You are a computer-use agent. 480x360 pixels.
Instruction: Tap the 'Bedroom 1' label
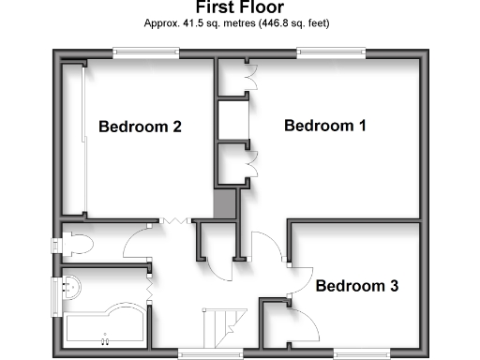click(x=324, y=125)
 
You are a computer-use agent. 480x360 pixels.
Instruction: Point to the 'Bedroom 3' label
click(x=355, y=286)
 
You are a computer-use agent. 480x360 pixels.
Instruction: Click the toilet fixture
click(x=75, y=245)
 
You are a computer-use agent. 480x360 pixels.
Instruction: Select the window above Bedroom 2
click(x=145, y=52)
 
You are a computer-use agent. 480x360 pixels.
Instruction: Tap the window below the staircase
click(x=202, y=353)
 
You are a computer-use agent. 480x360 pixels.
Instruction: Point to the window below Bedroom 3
click(x=357, y=353)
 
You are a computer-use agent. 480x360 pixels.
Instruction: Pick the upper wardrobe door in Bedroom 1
click(x=248, y=75)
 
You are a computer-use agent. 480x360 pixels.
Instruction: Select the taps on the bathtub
click(x=105, y=334)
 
